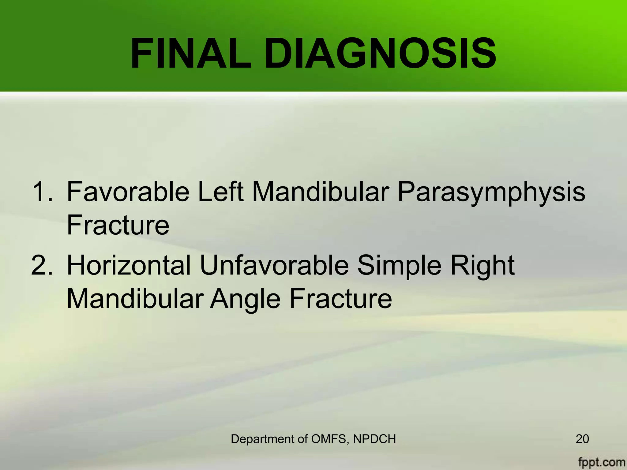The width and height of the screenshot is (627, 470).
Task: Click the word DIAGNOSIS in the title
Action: tap(380, 54)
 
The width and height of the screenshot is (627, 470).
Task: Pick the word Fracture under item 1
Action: tap(118, 225)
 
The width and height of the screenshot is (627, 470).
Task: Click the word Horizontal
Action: tap(129, 265)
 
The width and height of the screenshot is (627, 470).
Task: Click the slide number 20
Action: tap(582, 439)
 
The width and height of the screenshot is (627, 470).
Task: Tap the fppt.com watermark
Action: tap(601, 462)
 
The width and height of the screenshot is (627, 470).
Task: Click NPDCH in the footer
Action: tap(374, 439)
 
